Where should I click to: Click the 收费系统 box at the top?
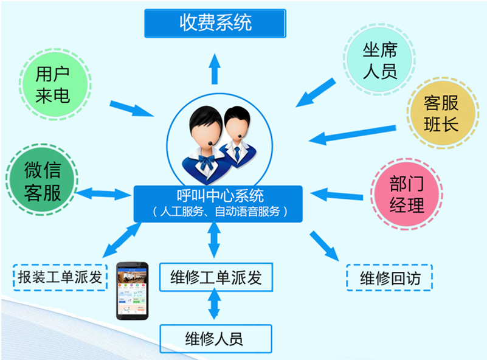click(215, 23)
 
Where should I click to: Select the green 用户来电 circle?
click(55, 84)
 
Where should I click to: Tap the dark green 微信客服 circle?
click(42, 179)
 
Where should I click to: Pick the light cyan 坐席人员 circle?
click(379, 60)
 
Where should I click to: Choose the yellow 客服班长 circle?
click(443, 113)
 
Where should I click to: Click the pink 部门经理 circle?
click(407, 195)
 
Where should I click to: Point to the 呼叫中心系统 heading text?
click(220, 196)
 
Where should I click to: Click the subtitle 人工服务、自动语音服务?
click(220, 212)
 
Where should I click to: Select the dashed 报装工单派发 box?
click(60, 277)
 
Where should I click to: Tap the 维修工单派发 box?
click(216, 277)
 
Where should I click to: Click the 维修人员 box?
click(216, 339)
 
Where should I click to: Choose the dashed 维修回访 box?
click(390, 278)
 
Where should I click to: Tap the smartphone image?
click(133, 291)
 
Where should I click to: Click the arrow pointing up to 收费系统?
click(215, 69)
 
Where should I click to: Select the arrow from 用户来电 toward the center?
click(132, 109)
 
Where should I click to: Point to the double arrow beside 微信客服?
click(104, 194)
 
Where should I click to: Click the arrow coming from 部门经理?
click(336, 195)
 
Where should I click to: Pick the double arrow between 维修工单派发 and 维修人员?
click(214, 304)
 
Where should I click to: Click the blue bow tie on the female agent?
click(207, 162)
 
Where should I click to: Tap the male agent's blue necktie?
click(237, 154)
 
